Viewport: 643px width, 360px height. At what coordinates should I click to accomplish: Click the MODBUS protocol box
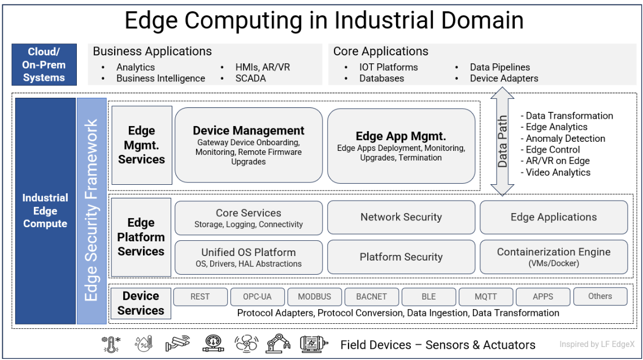[x=315, y=296]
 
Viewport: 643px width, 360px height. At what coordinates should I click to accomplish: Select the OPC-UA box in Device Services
[x=257, y=296]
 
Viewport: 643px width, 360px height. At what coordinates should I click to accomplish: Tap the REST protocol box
[x=200, y=296]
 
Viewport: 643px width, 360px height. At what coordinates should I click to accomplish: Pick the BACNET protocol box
[x=372, y=296]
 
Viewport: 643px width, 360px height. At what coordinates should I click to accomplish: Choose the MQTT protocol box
[x=485, y=296]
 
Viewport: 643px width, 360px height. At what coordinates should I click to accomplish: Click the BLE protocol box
[x=428, y=296]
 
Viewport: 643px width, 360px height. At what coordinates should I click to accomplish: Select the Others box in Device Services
[x=600, y=296]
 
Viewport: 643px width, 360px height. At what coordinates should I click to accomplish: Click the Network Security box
[x=401, y=217]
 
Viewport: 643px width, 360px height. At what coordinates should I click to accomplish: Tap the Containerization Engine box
[x=554, y=257]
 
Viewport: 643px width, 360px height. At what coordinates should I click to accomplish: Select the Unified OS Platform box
[x=249, y=257]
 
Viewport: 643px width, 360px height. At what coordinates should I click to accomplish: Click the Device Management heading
[x=249, y=131]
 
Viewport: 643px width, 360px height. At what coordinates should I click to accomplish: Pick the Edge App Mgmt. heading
[x=401, y=136]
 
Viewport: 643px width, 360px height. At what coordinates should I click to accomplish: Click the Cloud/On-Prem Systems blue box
[x=44, y=65]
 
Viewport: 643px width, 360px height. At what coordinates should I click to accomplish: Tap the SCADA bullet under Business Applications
[x=250, y=79]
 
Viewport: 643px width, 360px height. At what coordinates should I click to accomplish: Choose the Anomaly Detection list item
[x=565, y=138]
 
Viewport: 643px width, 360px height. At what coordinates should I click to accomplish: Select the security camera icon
[x=177, y=343]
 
